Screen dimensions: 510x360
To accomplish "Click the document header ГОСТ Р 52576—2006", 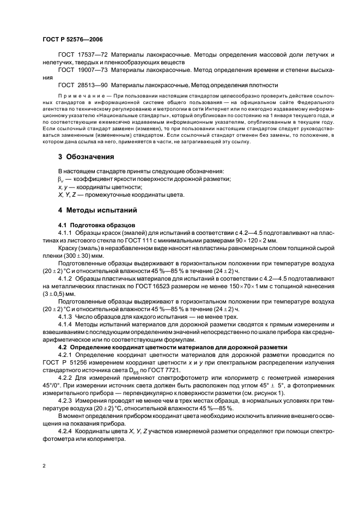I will pos(72,40).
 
